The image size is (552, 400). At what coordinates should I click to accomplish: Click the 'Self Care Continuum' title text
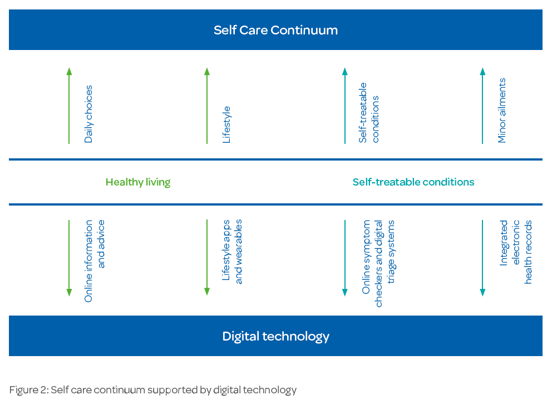[275, 30]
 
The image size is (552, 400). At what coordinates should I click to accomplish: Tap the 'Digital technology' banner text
[275, 337]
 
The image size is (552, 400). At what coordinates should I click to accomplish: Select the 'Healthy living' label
[138, 182]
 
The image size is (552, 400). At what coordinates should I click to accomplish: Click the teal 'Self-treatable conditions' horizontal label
[413, 182]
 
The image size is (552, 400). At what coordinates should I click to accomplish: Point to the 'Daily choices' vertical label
[88, 114]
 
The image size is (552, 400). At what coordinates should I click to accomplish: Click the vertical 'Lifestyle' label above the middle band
[226, 124]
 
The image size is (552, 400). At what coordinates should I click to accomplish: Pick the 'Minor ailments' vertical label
[502, 111]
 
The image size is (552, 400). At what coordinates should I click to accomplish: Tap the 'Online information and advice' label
[95, 261]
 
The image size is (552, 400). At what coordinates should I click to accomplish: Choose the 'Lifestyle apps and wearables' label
[232, 251]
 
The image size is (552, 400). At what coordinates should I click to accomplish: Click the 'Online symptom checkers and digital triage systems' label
[378, 263]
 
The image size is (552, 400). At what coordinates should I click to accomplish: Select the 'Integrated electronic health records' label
[516, 252]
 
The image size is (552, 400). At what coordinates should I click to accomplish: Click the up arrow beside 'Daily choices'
[69, 106]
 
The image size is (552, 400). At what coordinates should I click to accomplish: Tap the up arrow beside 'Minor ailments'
[482, 106]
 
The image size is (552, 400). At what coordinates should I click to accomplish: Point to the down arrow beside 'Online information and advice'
[69, 258]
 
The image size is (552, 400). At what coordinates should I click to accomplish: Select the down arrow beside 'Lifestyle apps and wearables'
[207, 257]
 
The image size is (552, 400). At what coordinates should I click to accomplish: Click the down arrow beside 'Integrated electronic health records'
[482, 258]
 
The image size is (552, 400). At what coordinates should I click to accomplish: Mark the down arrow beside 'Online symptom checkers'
[345, 258]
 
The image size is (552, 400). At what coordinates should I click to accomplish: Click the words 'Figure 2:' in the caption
[29, 390]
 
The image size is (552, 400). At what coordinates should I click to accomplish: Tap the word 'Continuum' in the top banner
[304, 30]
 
